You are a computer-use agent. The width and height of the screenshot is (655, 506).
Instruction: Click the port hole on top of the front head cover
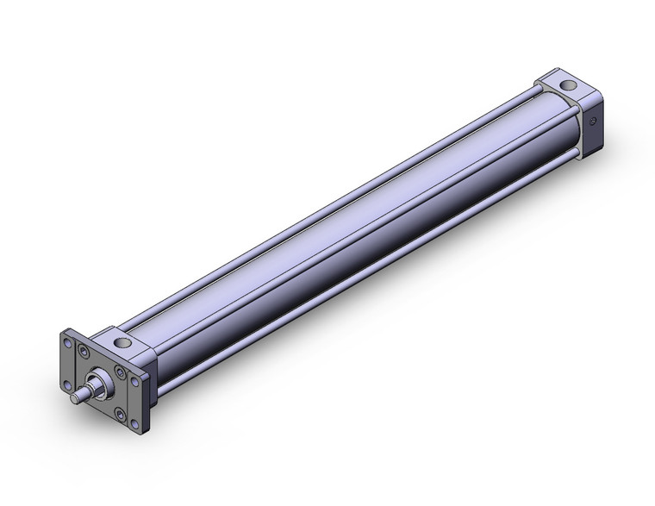pos(123,343)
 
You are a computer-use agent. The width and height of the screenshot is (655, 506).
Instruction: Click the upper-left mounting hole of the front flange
pos(67,342)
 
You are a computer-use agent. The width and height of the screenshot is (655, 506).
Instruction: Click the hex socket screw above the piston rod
pos(84,351)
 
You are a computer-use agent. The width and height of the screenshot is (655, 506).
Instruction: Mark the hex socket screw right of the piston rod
pos(119,372)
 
